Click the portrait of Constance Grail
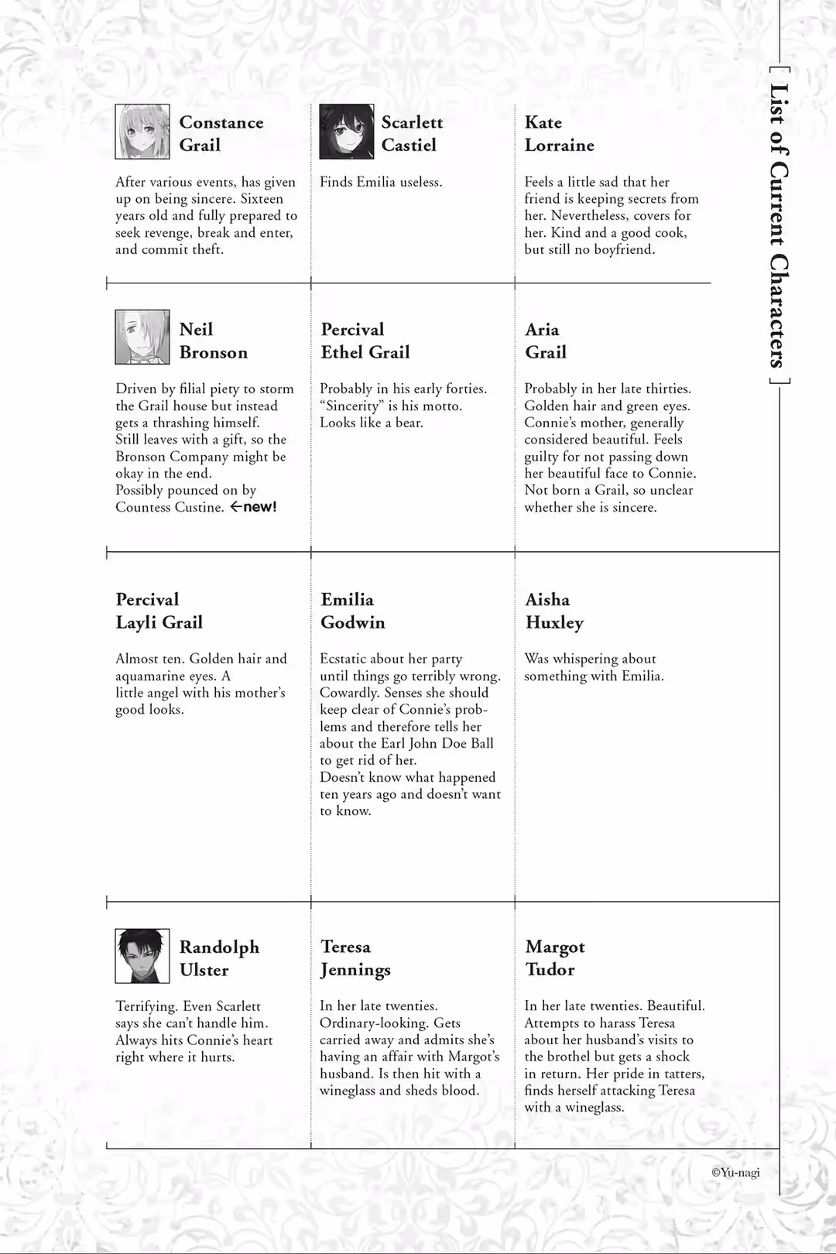(x=142, y=132)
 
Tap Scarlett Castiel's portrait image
(x=346, y=132)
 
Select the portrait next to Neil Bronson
(x=142, y=337)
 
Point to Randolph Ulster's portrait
(x=142, y=956)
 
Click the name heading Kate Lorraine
(x=559, y=134)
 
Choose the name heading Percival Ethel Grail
(x=365, y=341)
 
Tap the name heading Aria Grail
(x=545, y=341)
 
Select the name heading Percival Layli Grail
(x=159, y=611)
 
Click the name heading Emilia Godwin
(x=352, y=611)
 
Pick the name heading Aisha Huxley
(x=554, y=611)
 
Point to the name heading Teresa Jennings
(x=355, y=958)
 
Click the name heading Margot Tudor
(x=554, y=958)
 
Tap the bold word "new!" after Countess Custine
(x=260, y=507)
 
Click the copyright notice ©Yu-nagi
(x=735, y=1173)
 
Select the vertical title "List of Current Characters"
(x=778, y=224)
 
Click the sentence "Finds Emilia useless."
(x=381, y=182)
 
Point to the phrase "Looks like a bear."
(x=371, y=423)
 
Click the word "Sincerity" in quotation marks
(x=352, y=406)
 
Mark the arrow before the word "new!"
(x=235, y=507)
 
